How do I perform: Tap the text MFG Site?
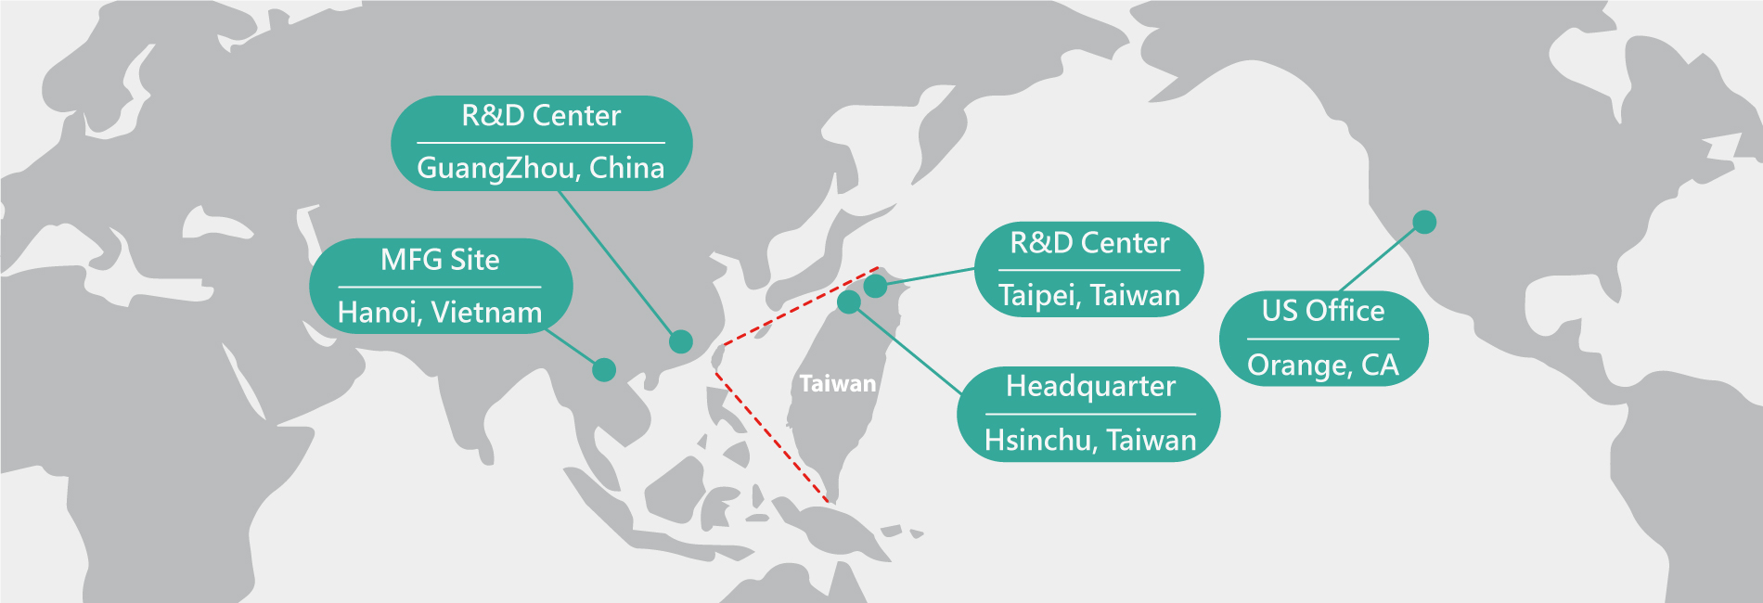tap(440, 260)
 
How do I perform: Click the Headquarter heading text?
tap(1090, 386)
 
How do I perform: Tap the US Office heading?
tap(1323, 311)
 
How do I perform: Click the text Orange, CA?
tap(1323, 366)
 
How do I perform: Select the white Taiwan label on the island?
tap(838, 384)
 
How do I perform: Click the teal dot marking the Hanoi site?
tap(604, 369)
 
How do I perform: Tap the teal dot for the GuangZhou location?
tap(681, 341)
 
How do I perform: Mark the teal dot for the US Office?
tap(1424, 222)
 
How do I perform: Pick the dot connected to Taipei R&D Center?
tap(875, 286)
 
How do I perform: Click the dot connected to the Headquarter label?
tap(849, 302)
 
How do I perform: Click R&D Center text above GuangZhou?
tap(541, 116)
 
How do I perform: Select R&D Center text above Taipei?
tap(1089, 243)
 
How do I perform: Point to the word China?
tap(627, 168)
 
